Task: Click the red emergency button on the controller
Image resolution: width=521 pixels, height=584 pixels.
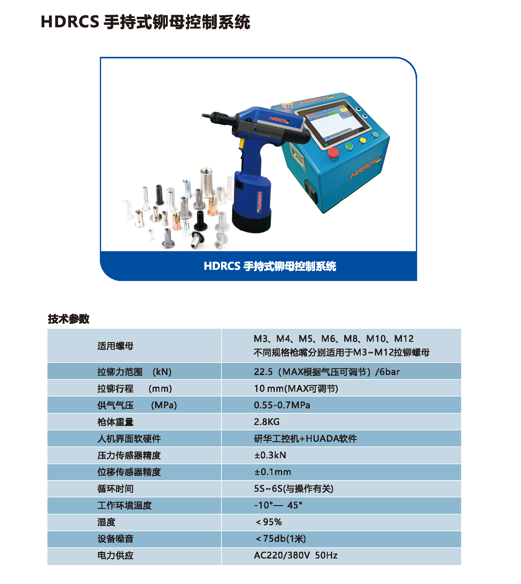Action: coord(333,153)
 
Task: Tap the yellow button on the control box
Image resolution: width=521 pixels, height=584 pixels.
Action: coord(363,141)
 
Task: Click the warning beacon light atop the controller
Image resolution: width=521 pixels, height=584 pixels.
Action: coord(286,102)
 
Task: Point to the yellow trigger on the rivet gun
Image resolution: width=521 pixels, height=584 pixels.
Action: coord(241,143)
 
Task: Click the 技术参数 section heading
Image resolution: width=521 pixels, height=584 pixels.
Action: coord(69,319)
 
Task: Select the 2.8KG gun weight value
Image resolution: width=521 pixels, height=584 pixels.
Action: coord(267,422)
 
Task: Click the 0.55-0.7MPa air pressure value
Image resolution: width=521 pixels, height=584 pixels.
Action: coord(282,405)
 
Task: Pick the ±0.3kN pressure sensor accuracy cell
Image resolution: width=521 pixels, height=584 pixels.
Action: coord(270,455)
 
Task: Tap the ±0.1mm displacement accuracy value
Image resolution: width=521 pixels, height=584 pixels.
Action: coord(273,472)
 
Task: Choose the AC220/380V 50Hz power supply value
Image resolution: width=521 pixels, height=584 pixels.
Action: coord(296,555)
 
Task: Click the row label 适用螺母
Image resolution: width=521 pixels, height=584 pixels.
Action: coord(115,346)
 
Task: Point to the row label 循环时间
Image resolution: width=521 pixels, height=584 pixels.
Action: coord(115,489)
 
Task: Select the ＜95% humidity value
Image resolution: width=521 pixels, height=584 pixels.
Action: coord(268,522)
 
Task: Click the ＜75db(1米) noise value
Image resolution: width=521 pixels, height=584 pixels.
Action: coord(280,539)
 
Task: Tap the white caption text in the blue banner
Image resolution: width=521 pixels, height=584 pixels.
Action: coord(270,266)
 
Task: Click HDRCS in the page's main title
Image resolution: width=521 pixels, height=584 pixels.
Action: coord(70,22)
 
